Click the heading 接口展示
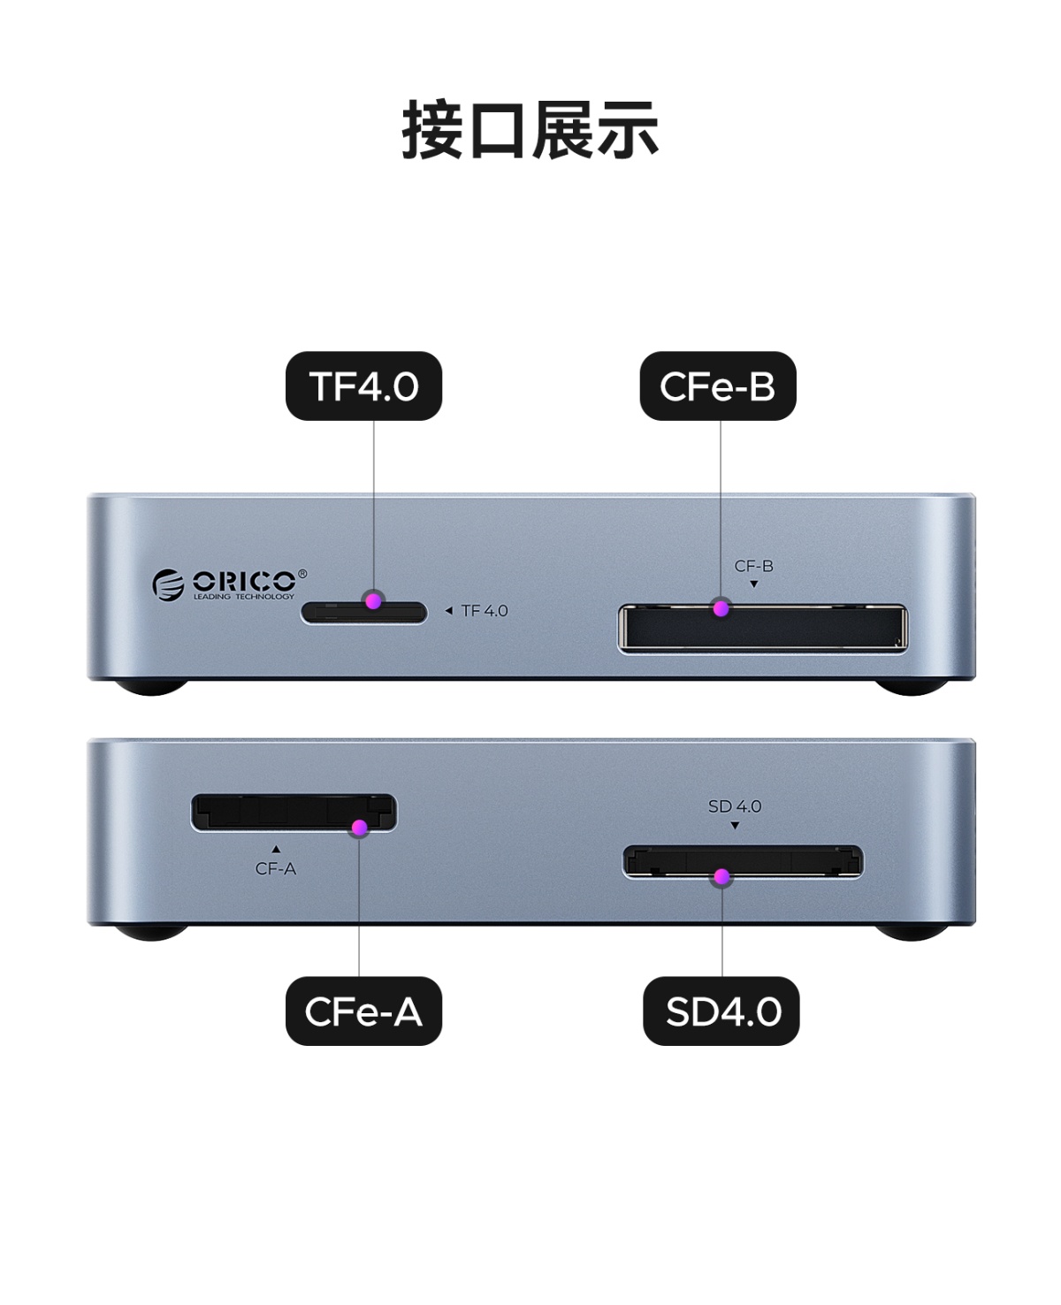[530, 130]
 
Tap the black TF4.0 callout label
[363, 386]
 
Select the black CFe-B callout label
[717, 386]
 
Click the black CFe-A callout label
[363, 1011]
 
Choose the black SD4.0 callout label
[721, 1011]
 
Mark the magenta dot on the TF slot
[374, 600]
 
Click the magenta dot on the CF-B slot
[722, 608]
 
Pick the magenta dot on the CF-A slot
[359, 828]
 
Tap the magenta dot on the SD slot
[722, 877]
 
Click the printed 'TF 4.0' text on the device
[485, 611]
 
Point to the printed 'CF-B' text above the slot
[753, 566]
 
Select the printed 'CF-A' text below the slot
[276, 869]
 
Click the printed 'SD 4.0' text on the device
[735, 806]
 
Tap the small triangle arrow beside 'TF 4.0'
[448, 611]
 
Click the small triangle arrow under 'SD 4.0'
[735, 826]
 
